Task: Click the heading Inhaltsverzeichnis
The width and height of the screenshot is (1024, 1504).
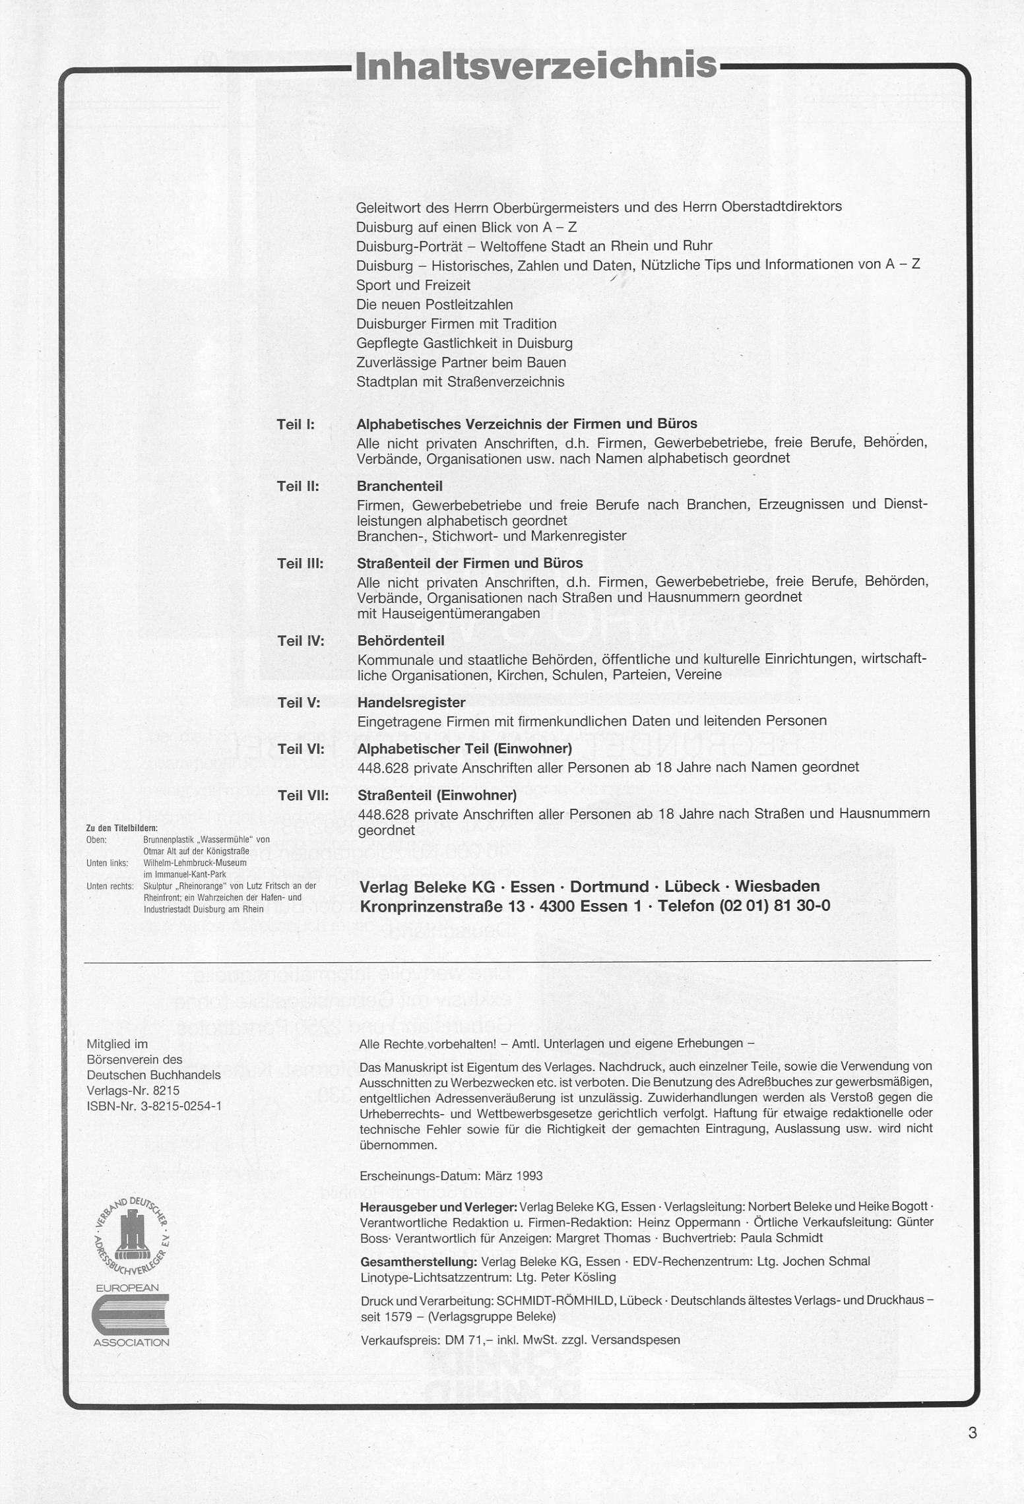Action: coord(535,67)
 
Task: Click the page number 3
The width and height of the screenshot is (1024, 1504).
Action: coord(972,1432)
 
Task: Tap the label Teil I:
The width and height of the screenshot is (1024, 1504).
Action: coord(296,424)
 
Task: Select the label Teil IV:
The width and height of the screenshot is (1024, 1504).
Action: coord(301,641)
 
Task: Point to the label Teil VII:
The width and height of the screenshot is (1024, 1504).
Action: coord(304,796)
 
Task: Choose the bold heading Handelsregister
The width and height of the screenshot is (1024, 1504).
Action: coord(411,703)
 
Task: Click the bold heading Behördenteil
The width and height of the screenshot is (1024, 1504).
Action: coord(400,641)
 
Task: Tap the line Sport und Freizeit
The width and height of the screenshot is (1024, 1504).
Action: coord(413,285)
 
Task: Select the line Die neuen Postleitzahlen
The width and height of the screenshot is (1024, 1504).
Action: coord(434,305)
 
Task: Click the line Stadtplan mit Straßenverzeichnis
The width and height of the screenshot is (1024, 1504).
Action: coord(460,382)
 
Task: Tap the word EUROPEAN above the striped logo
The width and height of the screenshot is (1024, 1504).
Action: coord(127,1287)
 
